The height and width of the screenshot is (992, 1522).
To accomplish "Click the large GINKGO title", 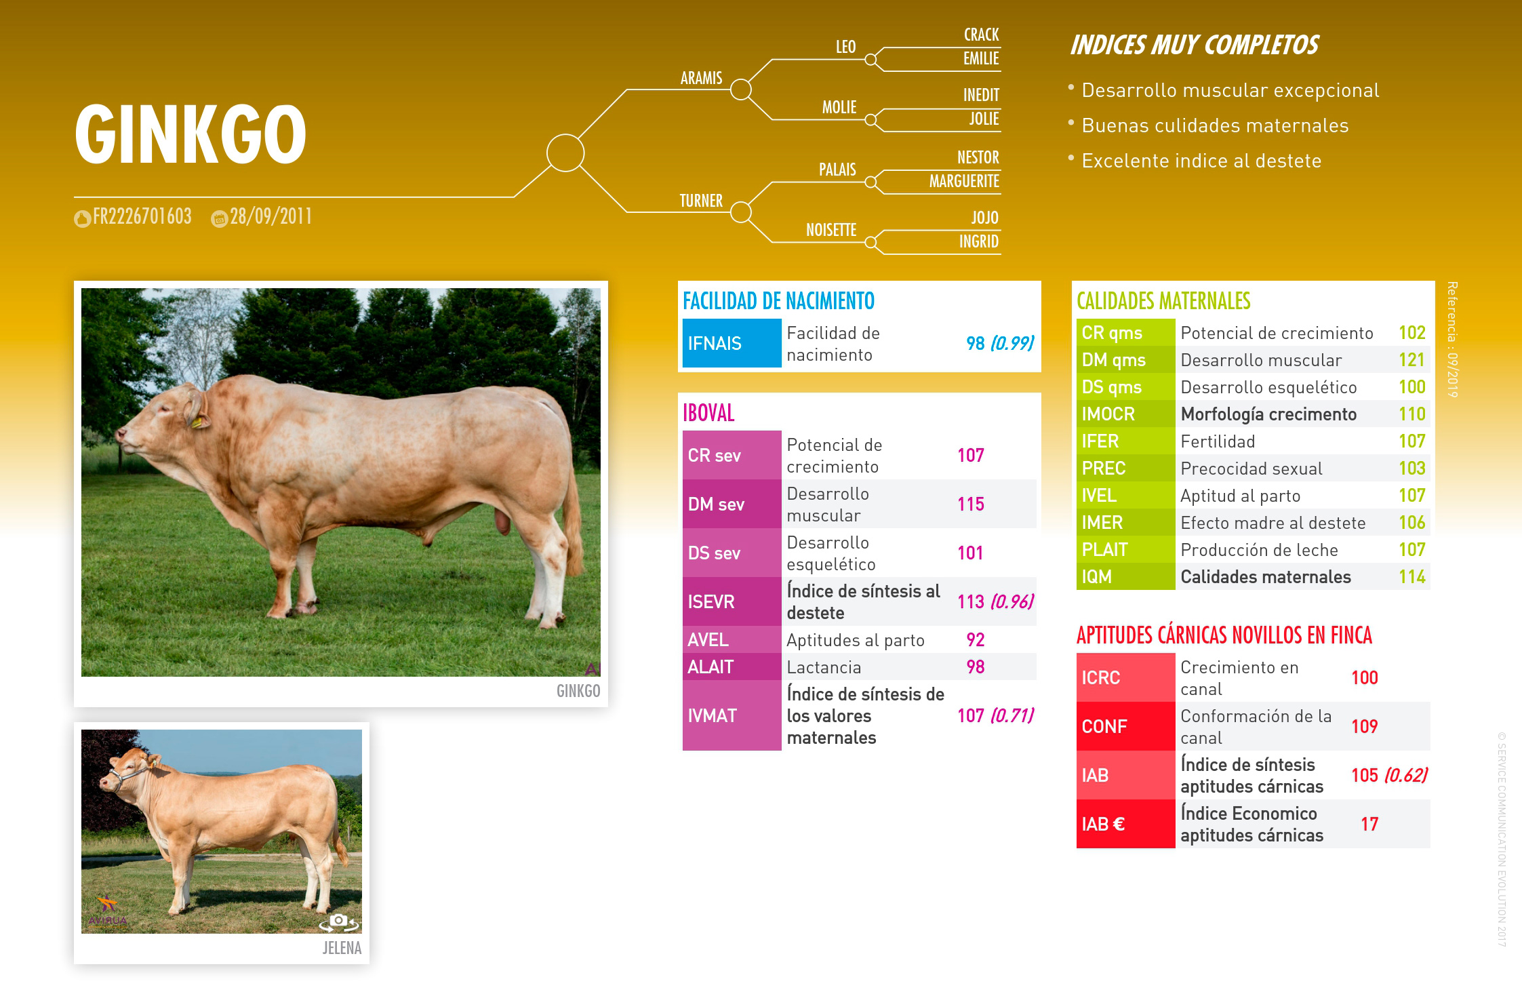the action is click(x=191, y=134).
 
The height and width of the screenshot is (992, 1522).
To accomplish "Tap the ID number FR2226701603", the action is click(x=142, y=216).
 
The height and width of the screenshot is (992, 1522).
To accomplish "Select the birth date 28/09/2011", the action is click(x=271, y=216).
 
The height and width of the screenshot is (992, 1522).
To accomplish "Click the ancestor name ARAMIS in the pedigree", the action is click(x=702, y=78).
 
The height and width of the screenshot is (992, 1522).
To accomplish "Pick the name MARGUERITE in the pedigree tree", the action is click(x=964, y=181).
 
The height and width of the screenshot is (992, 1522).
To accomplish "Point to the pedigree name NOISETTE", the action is click(x=831, y=230).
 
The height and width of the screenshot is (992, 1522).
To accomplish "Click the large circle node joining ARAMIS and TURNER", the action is click(x=565, y=153).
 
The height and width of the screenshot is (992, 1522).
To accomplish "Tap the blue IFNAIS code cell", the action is click(x=732, y=343).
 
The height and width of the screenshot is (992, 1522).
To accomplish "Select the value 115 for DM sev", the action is click(x=971, y=504).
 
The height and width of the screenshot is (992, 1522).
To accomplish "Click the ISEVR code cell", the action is click(x=732, y=601).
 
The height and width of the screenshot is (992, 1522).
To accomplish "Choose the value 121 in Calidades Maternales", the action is click(x=1412, y=360).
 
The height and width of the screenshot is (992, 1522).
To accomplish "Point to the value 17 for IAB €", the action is click(x=1369, y=824).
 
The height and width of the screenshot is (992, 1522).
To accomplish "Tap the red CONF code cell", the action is click(x=1125, y=726).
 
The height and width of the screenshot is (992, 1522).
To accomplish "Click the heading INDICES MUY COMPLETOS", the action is click(x=1195, y=45).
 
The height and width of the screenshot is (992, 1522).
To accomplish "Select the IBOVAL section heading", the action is click(x=708, y=413).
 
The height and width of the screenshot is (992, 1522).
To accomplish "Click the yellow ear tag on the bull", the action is click(x=197, y=422).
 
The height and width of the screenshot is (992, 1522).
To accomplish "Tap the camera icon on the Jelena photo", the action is click(x=339, y=921).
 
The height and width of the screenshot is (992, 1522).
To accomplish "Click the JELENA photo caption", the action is click(x=342, y=948).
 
